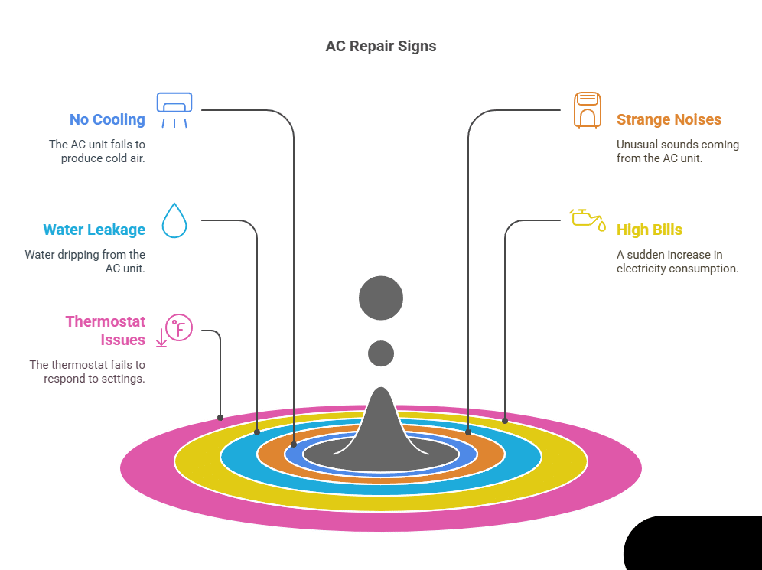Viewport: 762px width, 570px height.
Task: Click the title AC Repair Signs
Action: point(380,46)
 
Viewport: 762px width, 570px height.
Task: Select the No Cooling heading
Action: point(106,119)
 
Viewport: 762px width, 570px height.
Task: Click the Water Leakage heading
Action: point(94,230)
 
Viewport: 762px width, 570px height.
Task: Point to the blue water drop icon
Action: point(174,220)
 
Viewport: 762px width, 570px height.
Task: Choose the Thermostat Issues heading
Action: point(106,330)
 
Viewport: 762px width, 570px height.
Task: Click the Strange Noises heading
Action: point(669,119)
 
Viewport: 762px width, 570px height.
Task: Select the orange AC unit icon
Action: point(588,110)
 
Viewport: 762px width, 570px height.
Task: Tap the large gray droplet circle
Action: point(381,297)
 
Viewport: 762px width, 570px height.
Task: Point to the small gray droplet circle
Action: point(381,353)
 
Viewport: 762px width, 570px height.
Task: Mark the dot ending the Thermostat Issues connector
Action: point(220,418)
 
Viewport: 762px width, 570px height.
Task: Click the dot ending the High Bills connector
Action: point(505,420)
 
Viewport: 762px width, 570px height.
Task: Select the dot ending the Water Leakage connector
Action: point(257,432)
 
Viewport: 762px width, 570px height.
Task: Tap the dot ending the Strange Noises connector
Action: point(468,432)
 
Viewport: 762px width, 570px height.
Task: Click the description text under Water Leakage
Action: point(85,261)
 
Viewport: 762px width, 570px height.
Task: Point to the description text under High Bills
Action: point(677,261)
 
